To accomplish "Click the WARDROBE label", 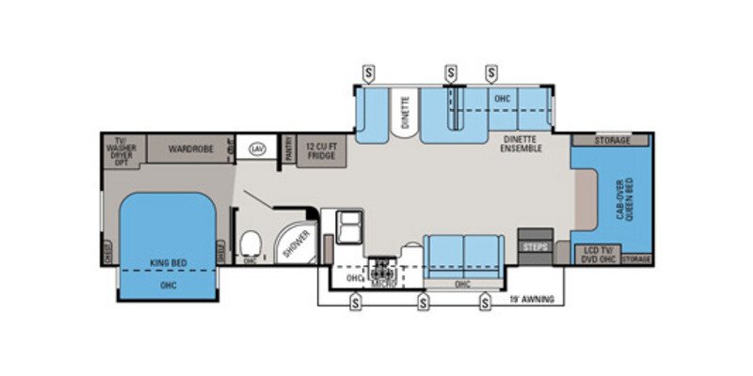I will [191, 149].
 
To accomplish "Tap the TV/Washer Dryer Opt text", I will [120, 149].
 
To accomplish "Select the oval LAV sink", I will [256, 149].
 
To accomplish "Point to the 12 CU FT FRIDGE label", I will [320, 150].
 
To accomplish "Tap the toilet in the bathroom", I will [249, 246].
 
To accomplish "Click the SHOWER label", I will [295, 243].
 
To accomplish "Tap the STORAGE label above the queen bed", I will [613, 140].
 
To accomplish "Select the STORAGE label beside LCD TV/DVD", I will [637, 258].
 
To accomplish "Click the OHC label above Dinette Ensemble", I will [501, 98].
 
